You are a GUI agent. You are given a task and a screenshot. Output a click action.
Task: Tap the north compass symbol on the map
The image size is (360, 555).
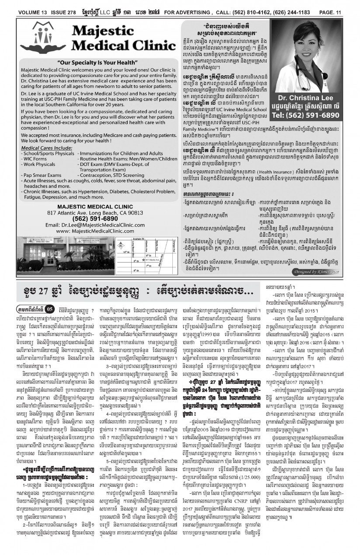click(x=121, y=246)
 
